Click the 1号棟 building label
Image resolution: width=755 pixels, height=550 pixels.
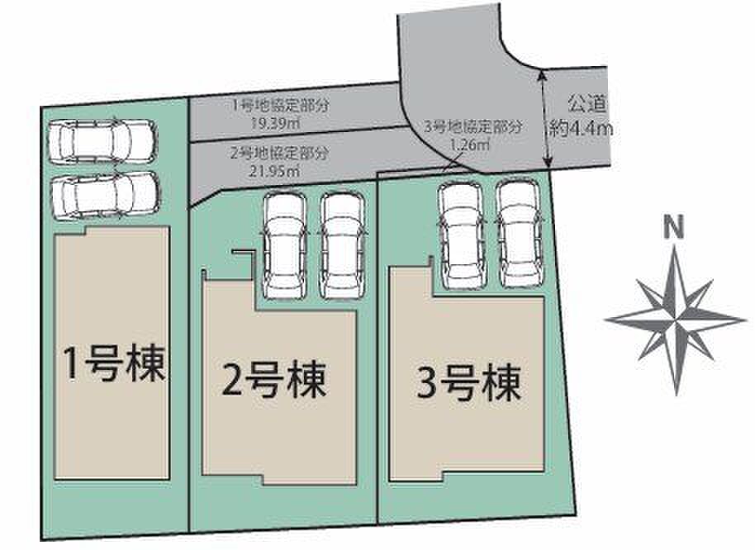click(x=115, y=364)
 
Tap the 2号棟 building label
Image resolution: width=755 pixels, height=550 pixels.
click(x=274, y=380)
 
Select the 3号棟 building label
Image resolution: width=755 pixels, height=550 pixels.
click(x=469, y=382)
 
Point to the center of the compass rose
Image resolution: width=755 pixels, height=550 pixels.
click(x=676, y=320)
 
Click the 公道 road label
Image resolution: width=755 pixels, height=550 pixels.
click(x=586, y=103)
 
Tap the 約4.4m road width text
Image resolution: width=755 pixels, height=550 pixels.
click(x=582, y=129)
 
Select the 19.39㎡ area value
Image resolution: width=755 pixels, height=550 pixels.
click(x=275, y=123)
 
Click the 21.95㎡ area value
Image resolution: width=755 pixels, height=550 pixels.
click(x=274, y=170)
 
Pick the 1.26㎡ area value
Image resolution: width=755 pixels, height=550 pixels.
click(x=469, y=144)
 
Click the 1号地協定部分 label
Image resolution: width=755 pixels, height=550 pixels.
click(x=281, y=106)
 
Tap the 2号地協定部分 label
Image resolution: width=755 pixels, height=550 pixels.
click(x=280, y=154)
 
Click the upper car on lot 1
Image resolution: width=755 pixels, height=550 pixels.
click(x=102, y=140)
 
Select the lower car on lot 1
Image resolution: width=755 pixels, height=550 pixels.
click(x=106, y=196)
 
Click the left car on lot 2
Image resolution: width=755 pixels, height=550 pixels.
click(x=285, y=245)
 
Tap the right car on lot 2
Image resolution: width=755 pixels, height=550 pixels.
click(x=342, y=245)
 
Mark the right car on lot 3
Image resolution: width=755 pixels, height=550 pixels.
click(x=520, y=235)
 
